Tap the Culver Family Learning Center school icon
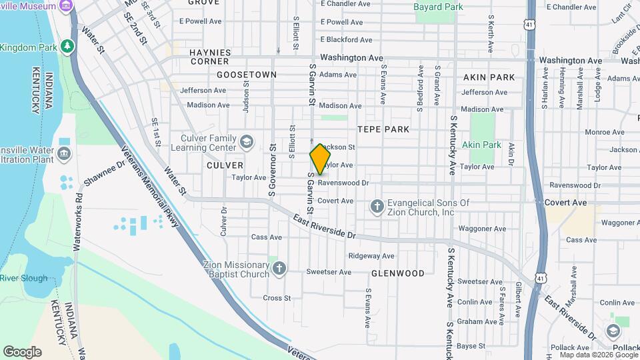tap(247, 141)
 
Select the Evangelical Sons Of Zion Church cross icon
tap(377, 207)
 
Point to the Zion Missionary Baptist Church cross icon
tap(279, 269)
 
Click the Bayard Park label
tap(438, 7)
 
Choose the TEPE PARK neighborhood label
tap(383, 129)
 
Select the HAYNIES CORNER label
tap(209, 57)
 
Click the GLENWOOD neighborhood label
tap(398, 273)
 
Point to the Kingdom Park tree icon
tap(66, 46)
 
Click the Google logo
tap(22, 351)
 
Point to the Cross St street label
tap(277, 298)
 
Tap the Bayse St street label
tap(471, 345)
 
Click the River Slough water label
tap(24, 278)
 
